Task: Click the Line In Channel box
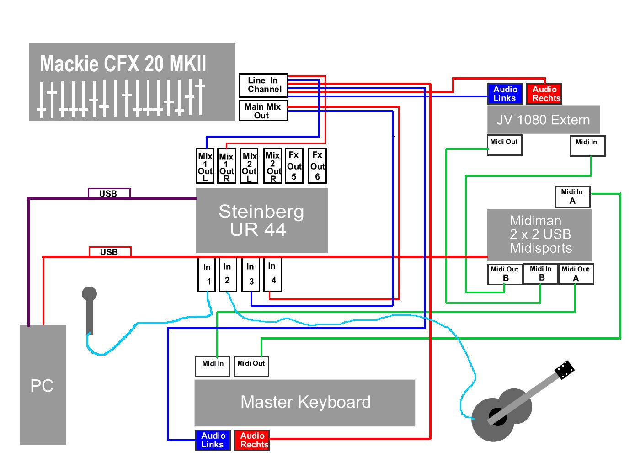pos(263,85)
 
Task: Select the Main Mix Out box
pos(263,111)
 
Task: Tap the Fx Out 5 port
pos(293,166)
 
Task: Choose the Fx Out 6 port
pos(317,166)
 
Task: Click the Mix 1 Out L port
pos(205,166)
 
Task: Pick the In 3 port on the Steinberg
pos(251,274)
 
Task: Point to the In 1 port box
pos(207,274)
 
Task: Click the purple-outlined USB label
pos(109,193)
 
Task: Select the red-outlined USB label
pos(110,252)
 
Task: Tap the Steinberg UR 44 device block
pos(261,221)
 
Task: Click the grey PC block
pos(43,385)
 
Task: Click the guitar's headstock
pos(565,370)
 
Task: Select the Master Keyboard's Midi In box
pos(213,367)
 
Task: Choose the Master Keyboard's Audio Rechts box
pos(252,440)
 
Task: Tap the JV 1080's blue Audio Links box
pos(505,94)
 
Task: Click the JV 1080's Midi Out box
pos(504,145)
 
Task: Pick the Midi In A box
pos(572,197)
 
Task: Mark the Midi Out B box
pos(505,274)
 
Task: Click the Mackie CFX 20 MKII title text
pos(123,64)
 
